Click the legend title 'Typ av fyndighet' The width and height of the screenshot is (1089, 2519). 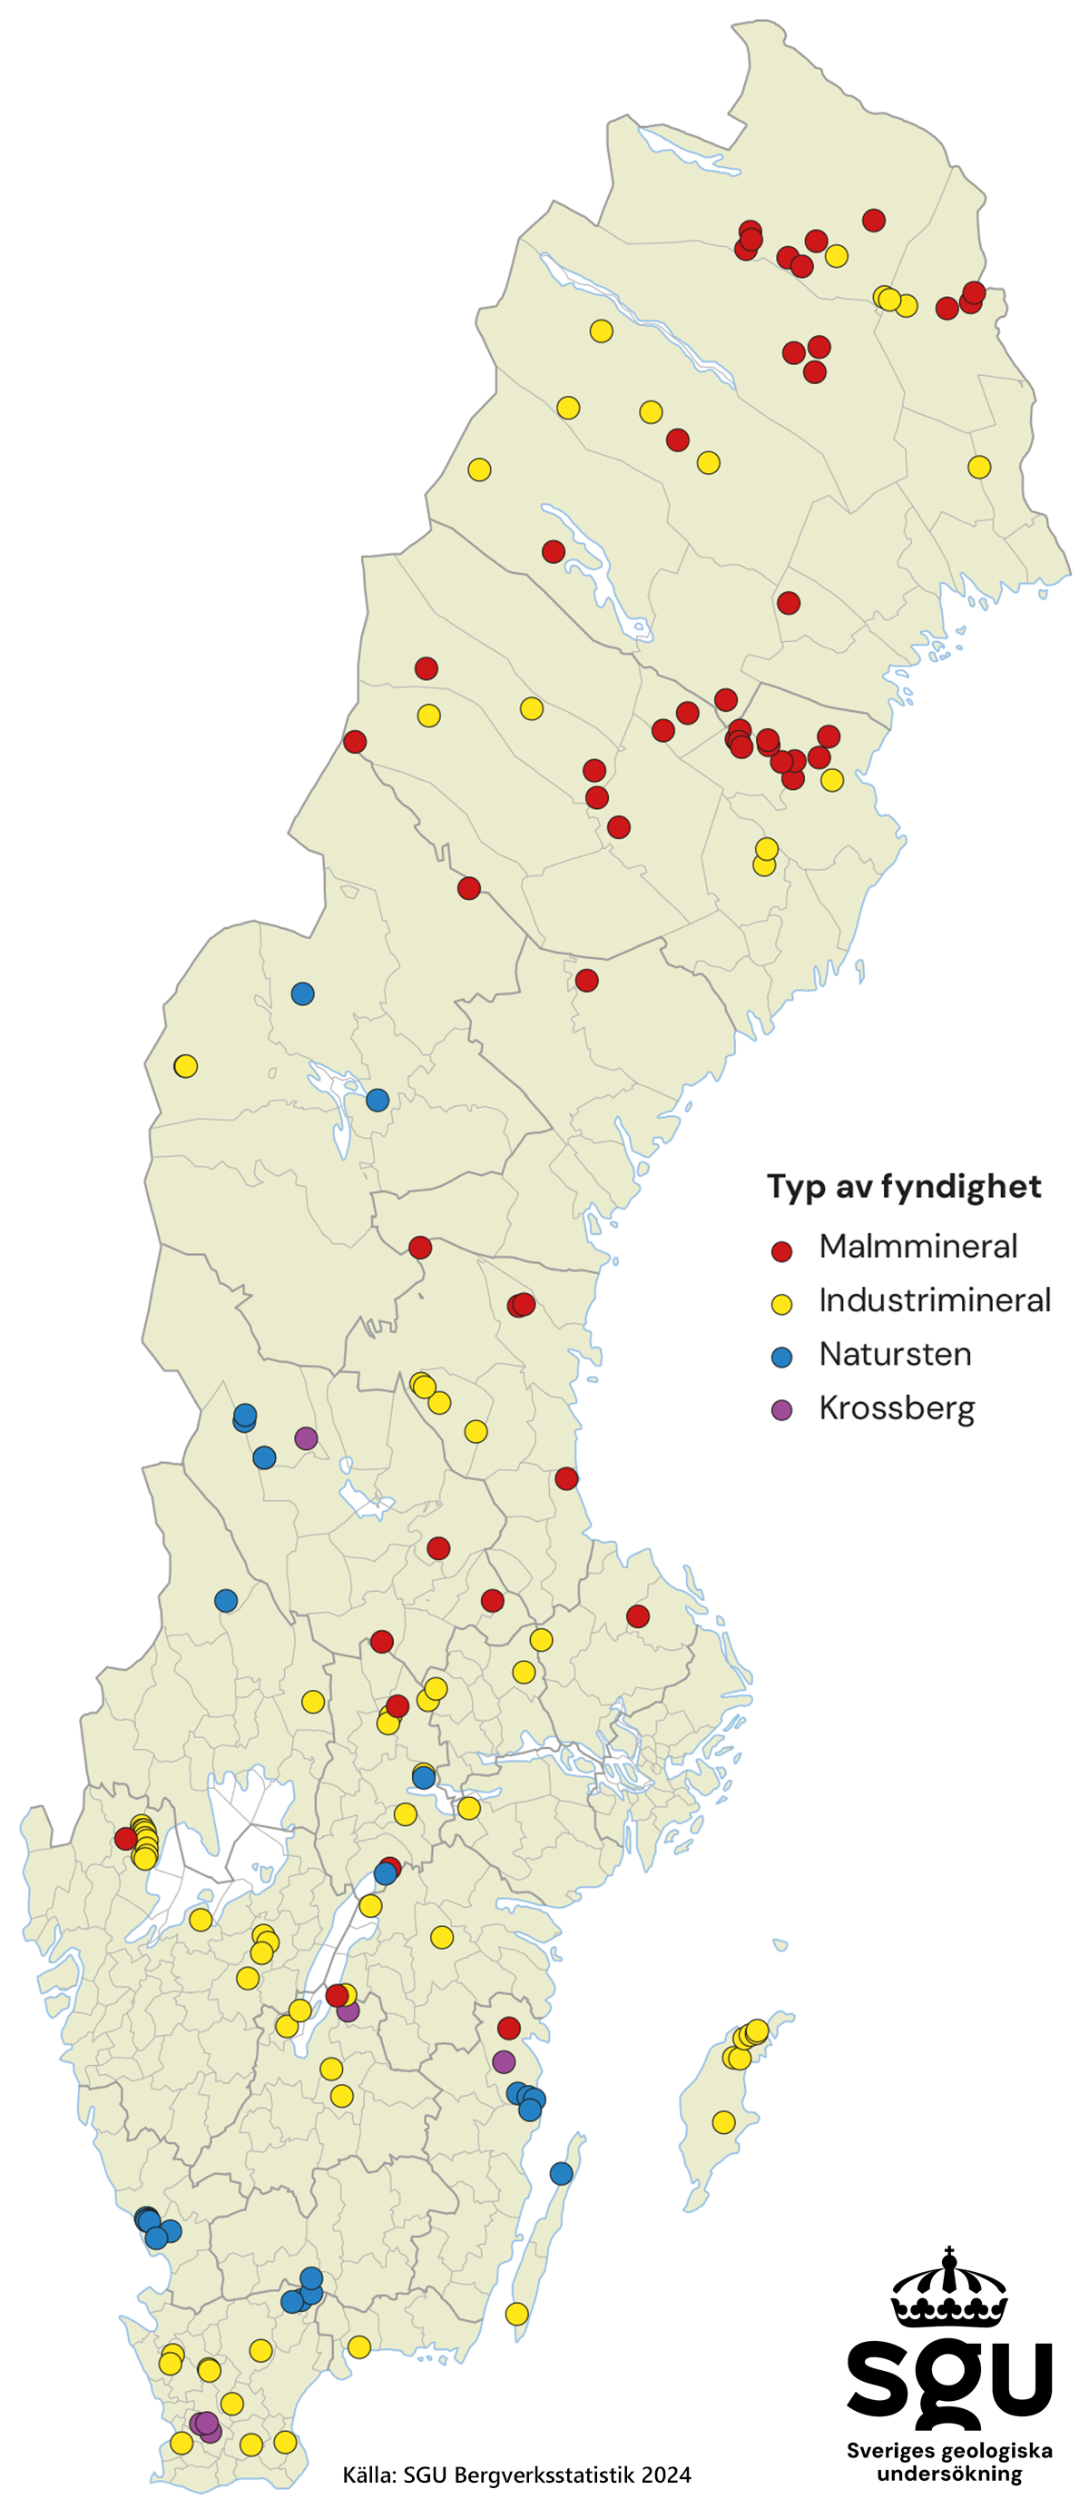(903, 1186)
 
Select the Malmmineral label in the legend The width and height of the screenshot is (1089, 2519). (917, 1246)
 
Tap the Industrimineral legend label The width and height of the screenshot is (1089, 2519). (935, 1299)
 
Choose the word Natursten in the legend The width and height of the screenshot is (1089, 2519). (895, 1354)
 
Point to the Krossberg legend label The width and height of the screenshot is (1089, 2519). (897, 1408)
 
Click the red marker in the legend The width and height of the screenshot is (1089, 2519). (781, 1251)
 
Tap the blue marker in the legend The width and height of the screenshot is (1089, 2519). (781, 1357)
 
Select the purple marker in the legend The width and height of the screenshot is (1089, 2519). (781, 1409)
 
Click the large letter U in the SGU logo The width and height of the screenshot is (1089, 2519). (1016, 2378)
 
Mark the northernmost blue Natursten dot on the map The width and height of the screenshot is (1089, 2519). (303, 993)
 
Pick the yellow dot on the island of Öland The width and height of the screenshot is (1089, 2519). (516, 2314)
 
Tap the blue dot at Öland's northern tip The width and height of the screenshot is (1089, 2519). (561, 2173)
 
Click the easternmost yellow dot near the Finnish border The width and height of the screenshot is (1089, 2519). (978, 468)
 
